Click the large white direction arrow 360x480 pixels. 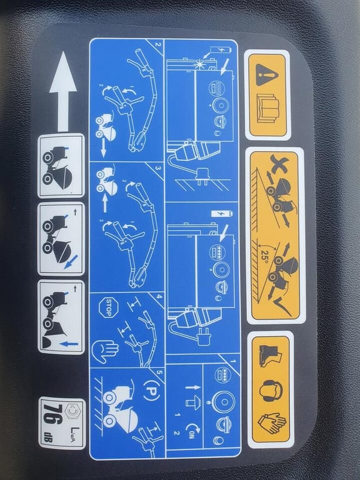[62, 91]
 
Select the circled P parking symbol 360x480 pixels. [151, 390]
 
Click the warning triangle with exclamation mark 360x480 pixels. [266, 74]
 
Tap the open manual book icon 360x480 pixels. [267, 107]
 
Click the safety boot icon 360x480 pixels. [270, 356]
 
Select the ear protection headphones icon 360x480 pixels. [271, 390]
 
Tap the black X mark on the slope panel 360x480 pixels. [278, 164]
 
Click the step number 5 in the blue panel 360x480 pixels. [158, 372]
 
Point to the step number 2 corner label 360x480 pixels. [157, 44]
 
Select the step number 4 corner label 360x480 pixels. [158, 296]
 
